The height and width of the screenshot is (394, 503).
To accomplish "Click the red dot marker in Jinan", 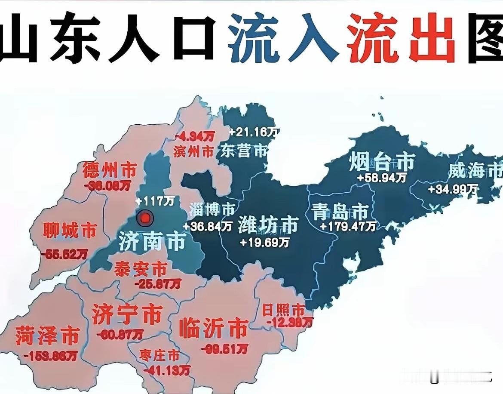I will coord(145,219).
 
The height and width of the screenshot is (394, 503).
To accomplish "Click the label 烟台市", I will coord(382,162).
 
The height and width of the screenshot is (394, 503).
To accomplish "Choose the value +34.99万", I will coord(453,188).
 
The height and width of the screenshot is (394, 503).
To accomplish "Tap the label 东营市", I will coord(243,151).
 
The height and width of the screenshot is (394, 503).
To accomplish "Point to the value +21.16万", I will coord(252,132).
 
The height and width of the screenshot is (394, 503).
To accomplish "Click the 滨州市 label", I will coord(193,151).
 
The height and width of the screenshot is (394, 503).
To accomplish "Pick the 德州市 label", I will coord(109,171).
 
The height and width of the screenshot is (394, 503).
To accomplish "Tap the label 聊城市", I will coord(70,231).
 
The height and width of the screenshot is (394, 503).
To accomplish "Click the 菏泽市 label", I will coord(47,335).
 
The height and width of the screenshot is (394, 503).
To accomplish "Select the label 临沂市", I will coord(212,329).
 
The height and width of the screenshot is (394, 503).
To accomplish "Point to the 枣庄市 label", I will coord(159,356).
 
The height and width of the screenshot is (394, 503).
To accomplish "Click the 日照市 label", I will coord(283,310).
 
